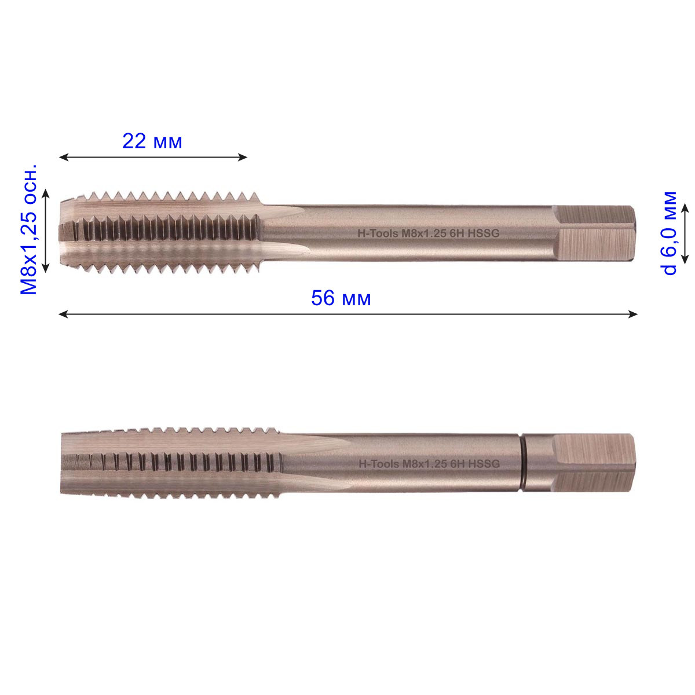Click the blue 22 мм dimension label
(152, 141)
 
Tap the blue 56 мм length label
(341, 298)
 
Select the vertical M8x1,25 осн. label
(29, 229)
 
